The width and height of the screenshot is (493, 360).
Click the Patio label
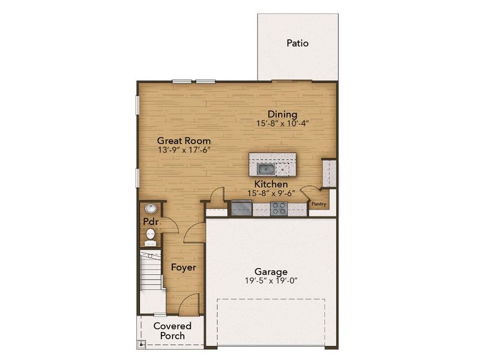click(x=297, y=43)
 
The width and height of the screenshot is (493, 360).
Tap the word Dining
click(x=282, y=115)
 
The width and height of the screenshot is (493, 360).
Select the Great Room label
click(x=184, y=141)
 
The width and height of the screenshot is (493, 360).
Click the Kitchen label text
click(x=271, y=184)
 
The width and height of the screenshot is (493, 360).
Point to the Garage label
click(x=270, y=271)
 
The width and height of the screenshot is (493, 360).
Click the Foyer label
click(x=183, y=267)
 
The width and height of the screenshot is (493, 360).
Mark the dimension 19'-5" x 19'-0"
click(x=270, y=280)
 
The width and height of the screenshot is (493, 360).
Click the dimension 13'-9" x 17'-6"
click(x=184, y=150)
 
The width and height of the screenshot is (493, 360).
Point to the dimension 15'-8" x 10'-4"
click(x=282, y=124)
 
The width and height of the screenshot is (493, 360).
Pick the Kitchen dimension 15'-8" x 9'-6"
click(x=271, y=193)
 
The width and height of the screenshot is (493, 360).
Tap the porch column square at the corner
click(x=142, y=345)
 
